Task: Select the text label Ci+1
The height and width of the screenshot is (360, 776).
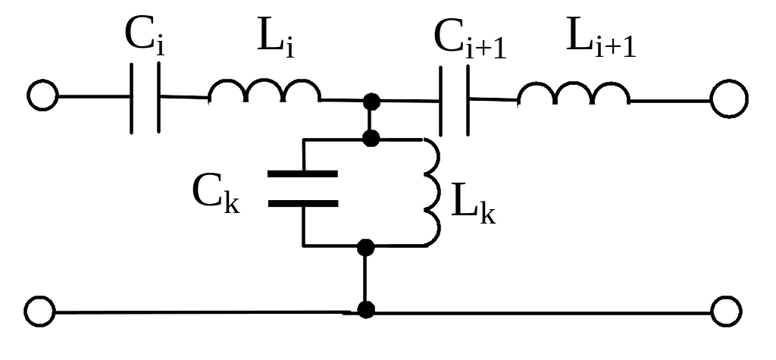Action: coord(470,40)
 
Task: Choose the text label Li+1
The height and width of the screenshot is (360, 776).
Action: coord(601,37)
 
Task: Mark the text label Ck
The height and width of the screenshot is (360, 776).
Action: coord(216,193)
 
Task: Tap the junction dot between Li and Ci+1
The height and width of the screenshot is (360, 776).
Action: coord(371,102)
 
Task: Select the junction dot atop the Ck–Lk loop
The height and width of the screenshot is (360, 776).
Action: coord(371,138)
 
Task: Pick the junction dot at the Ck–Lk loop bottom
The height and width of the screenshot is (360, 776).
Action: coord(366,247)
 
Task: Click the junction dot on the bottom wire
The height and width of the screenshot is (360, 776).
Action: coord(366,310)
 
